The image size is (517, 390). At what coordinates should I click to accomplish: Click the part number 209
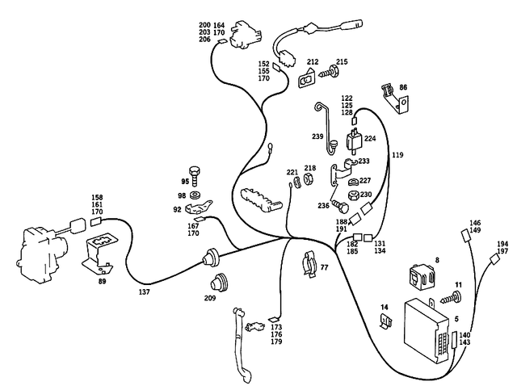210,298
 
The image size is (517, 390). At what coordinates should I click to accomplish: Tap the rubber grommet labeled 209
216,283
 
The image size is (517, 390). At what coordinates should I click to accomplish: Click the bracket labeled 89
101,250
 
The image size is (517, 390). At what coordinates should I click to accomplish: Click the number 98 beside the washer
183,196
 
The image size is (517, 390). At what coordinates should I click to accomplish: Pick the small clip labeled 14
387,322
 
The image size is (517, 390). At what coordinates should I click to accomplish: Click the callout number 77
324,266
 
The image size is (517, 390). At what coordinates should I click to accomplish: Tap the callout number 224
370,138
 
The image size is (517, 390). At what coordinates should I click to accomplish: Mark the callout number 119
397,153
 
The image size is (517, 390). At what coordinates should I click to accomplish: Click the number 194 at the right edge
502,243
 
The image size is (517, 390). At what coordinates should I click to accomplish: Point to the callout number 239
317,137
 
